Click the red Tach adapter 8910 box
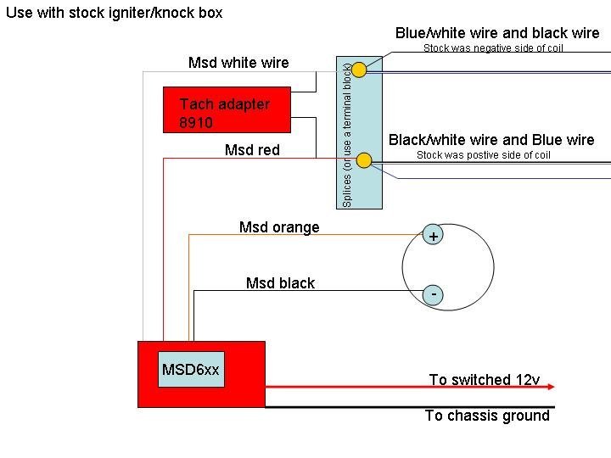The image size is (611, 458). click(227, 109)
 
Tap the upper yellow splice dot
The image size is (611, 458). click(360, 70)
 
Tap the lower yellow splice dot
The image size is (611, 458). click(364, 160)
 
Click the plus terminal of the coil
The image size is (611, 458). click(433, 237)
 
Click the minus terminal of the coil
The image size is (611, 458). click(433, 294)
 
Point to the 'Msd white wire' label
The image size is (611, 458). click(238, 63)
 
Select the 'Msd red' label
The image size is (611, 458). click(252, 150)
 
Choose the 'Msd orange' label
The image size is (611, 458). click(279, 227)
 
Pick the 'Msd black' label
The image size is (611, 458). click(280, 283)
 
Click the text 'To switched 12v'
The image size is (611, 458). click(484, 380)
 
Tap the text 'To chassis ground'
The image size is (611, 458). click(487, 416)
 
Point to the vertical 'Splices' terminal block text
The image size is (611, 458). click(347, 133)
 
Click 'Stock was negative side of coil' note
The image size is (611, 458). click(493, 48)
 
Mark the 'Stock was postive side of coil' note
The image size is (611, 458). click(484, 155)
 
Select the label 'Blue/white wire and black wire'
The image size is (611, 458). click(497, 33)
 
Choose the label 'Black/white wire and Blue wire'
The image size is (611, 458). click(491, 140)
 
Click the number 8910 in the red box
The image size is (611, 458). click(196, 123)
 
